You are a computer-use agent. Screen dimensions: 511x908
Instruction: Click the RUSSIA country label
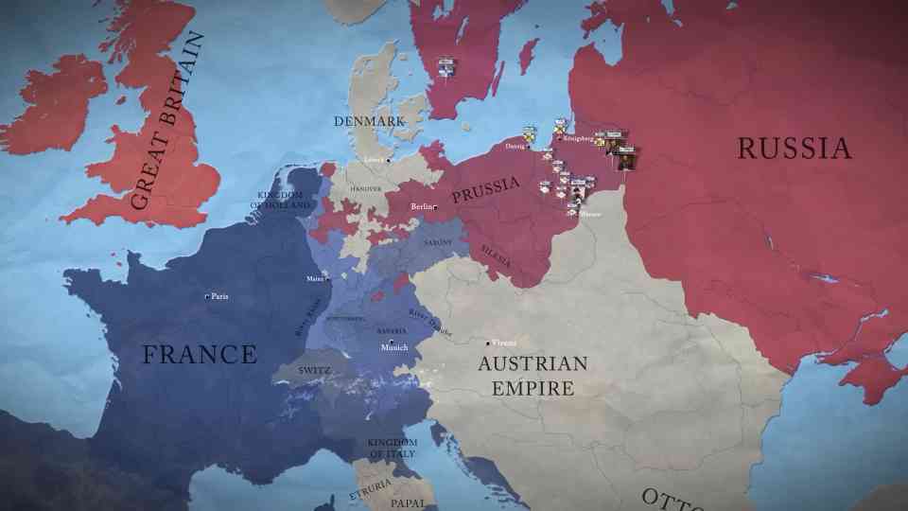pyautogui.click(x=794, y=149)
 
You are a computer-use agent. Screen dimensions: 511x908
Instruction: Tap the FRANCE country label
pyautogui.click(x=200, y=355)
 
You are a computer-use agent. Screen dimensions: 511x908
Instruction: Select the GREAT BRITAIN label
pyautogui.click(x=167, y=122)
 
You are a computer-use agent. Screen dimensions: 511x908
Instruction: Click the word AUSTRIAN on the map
pyautogui.click(x=533, y=364)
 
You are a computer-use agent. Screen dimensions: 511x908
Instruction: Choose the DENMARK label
pyautogui.click(x=368, y=121)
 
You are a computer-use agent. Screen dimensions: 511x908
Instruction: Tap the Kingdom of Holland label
pyautogui.click(x=283, y=200)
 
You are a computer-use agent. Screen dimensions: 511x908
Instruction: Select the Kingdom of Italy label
pyautogui.click(x=392, y=449)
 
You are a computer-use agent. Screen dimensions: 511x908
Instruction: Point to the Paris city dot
pyautogui.click(x=207, y=297)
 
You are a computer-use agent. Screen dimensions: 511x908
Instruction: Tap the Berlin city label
pyautogui.click(x=422, y=206)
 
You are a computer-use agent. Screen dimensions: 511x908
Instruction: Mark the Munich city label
pyautogui.click(x=394, y=348)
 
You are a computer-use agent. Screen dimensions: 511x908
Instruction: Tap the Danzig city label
pyautogui.click(x=514, y=147)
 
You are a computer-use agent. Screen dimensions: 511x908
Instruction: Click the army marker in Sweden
pyautogui.click(x=446, y=68)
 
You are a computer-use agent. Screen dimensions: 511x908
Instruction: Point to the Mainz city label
pyautogui.click(x=315, y=279)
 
